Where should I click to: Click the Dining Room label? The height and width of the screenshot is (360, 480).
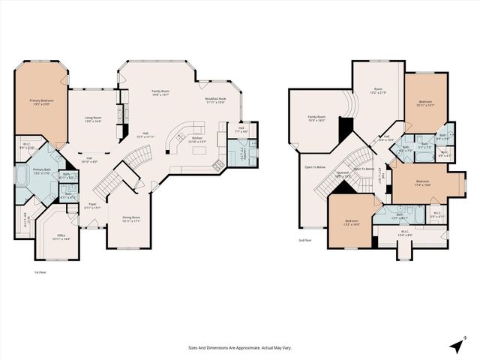(131, 219)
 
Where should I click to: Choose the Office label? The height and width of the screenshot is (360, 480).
(61, 237)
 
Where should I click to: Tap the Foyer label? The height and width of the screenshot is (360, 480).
(93, 205)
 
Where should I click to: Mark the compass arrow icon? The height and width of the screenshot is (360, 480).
(456, 345)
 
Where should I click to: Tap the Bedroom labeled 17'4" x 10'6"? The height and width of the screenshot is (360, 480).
(422, 182)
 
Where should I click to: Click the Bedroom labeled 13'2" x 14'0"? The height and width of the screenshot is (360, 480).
(352, 223)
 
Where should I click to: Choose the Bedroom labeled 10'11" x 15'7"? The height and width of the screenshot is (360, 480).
(425, 104)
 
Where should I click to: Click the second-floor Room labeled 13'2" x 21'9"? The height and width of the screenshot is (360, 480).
(378, 91)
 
